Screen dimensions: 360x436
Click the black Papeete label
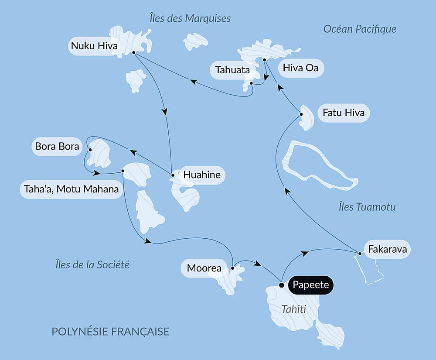pyautogui.click(x=310, y=286)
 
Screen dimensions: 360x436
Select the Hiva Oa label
pyautogui.click(x=300, y=68)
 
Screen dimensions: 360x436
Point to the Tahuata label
pyautogui.click(x=232, y=70)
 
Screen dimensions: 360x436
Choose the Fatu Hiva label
pyautogui.click(x=344, y=113)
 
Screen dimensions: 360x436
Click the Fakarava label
pyautogui.click(x=387, y=250)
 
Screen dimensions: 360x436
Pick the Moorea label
pyautogui.click(x=204, y=268)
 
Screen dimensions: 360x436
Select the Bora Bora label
pyautogui.click(x=57, y=146)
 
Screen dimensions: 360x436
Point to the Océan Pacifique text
pyautogui.click(x=360, y=29)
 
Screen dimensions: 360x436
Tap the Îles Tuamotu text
pyautogui.click(x=367, y=207)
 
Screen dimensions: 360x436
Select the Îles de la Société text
pyautogui.click(x=92, y=264)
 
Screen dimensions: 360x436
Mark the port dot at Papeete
pyautogui.click(x=281, y=285)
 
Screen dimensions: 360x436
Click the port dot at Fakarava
pyautogui.click(x=359, y=253)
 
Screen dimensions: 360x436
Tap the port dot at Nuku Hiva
pyautogui.click(x=133, y=52)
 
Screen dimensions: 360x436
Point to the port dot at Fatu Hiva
pyautogui.click(x=301, y=114)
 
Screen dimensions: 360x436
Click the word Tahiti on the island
pyautogui.click(x=293, y=309)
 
